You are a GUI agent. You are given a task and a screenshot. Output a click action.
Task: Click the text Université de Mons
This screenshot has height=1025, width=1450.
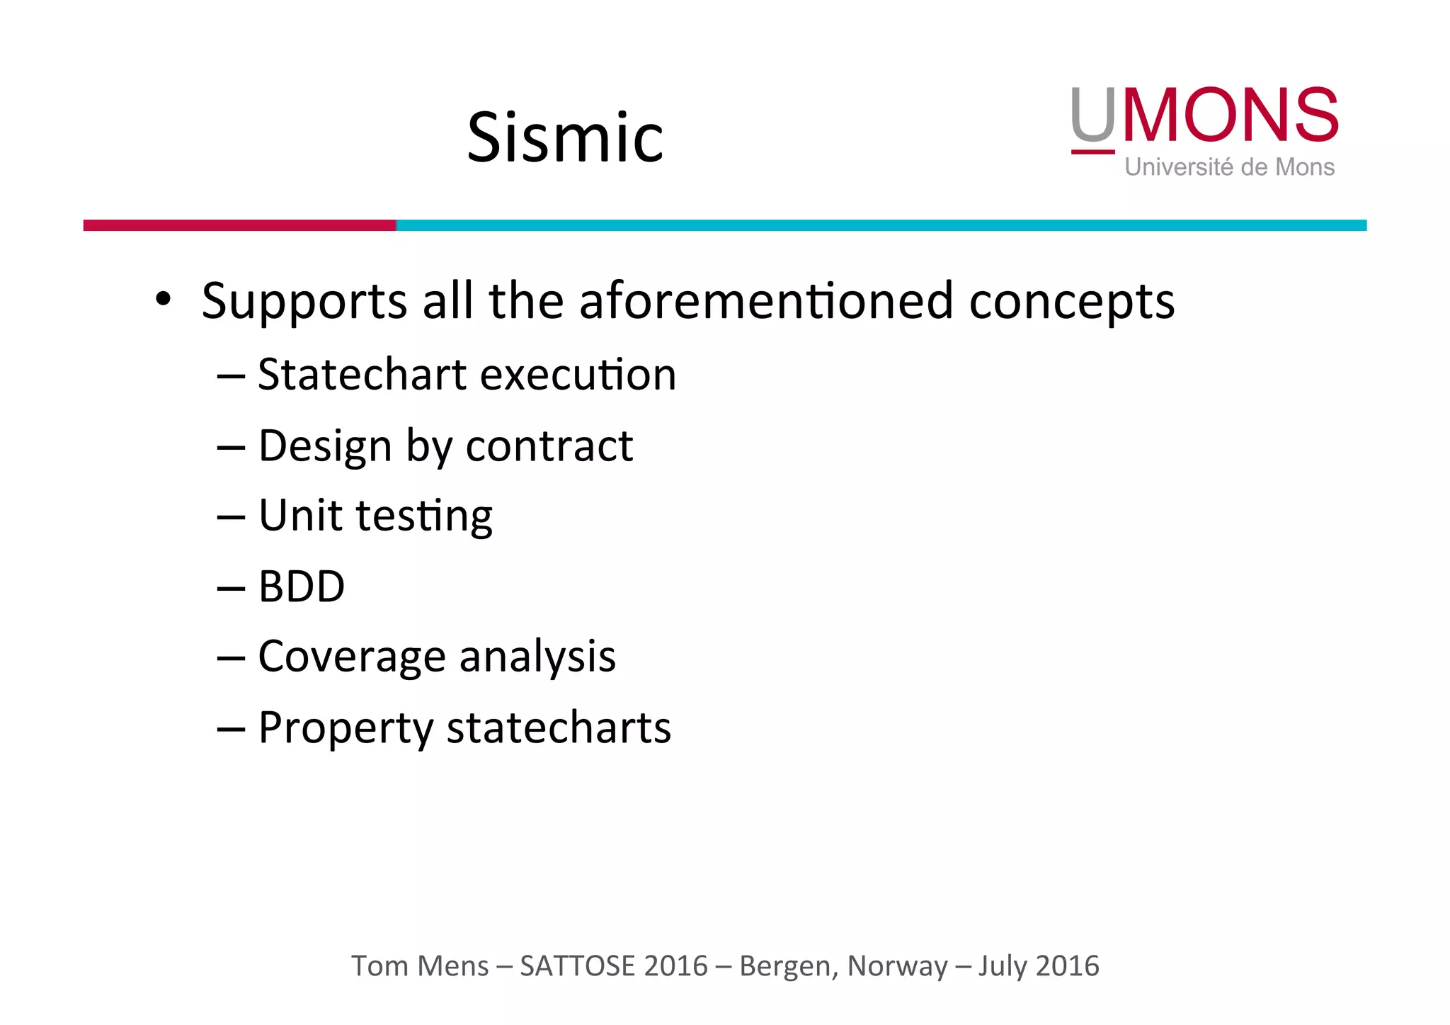click(x=1229, y=167)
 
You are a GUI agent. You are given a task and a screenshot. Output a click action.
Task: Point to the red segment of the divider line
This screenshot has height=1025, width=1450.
click(x=239, y=225)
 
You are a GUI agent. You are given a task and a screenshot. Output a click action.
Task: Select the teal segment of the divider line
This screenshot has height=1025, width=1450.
click(x=881, y=225)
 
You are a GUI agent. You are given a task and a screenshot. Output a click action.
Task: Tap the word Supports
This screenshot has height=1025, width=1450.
click(x=304, y=302)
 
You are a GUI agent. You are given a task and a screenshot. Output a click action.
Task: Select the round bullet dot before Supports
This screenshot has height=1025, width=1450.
click(x=164, y=299)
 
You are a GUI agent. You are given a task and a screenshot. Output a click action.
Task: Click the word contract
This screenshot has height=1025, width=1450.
click(x=549, y=446)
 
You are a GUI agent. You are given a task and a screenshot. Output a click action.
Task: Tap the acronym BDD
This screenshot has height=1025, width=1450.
click(x=302, y=587)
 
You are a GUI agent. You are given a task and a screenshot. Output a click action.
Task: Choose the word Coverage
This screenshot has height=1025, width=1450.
click(x=352, y=657)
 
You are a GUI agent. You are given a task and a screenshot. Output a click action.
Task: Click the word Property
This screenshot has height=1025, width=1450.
click(x=346, y=729)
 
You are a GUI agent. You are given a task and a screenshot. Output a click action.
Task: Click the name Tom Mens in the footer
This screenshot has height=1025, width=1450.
click(x=420, y=966)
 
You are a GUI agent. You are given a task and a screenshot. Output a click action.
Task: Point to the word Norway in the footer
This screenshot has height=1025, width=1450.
click(x=897, y=966)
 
